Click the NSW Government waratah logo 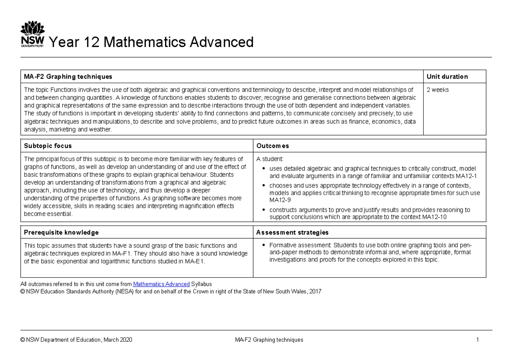pos(32,35)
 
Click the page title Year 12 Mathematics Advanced pos(151,42)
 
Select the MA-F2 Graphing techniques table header pos(68,77)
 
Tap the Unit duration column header pos(447,77)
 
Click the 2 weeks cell pos(437,90)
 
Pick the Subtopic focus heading pos(48,146)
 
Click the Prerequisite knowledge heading pos(62,232)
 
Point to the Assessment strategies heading pos(292,232)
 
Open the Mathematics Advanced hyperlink pos(161,284)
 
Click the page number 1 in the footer pos(477,340)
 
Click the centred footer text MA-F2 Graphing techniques pos(269,340)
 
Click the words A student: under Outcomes pos(268,159)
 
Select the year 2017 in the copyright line pos(316,291)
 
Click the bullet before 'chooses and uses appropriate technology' pos(264,185)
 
